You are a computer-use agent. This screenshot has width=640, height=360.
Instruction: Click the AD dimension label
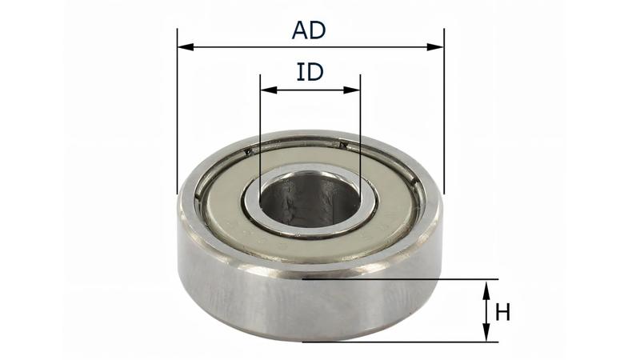click(x=309, y=30)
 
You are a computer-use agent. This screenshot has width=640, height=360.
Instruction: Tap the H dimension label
click(x=502, y=312)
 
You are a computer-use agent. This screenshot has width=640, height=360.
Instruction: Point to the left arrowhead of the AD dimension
click(x=183, y=47)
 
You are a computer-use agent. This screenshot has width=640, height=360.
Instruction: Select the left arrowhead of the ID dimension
click(x=265, y=90)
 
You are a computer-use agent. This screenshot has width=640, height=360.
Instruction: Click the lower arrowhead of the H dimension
click(x=485, y=335)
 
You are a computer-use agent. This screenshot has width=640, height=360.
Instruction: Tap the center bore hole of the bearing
click(x=308, y=198)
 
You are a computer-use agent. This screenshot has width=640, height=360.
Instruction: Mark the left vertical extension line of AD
click(x=178, y=120)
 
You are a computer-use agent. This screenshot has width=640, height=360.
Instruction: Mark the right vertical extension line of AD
click(x=442, y=120)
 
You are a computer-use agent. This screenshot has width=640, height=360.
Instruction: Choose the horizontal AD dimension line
click(x=240, y=47)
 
